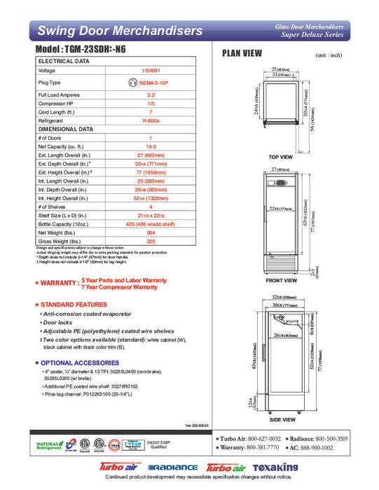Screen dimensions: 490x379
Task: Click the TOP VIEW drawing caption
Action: pos(281,157)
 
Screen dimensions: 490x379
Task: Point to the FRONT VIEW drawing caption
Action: pos(281,281)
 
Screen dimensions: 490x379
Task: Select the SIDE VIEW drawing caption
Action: pos(281,419)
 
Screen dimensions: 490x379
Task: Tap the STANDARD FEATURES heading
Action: pos(74,306)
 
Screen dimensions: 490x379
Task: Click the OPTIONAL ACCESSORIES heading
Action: pos(79,363)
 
